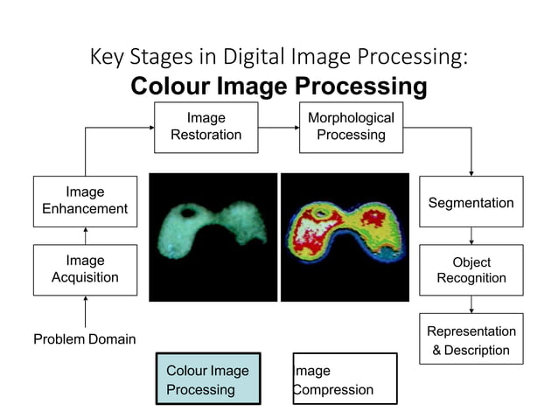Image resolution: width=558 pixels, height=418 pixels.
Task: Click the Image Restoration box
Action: [206, 127]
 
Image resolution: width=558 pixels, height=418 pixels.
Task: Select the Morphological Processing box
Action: [351, 127]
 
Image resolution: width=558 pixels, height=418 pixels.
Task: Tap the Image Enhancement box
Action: [85, 201]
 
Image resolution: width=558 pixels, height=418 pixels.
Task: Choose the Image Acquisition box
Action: [85, 269]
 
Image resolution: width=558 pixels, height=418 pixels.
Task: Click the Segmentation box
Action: [471, 203]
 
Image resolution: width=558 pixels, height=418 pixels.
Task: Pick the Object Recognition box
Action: [471, 270]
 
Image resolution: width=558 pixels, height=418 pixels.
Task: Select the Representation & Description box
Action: [471, 340]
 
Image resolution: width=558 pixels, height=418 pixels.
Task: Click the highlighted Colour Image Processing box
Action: [208, 380]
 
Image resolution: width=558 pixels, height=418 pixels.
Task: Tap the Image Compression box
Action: [345, 380]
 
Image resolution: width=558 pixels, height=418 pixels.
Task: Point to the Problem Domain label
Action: [84, 339]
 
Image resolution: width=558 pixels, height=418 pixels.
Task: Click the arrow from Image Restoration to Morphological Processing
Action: [277, 128]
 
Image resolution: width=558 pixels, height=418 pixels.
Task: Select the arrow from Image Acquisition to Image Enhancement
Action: [86, 236]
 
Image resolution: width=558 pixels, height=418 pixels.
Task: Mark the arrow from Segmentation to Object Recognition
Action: [471, 236]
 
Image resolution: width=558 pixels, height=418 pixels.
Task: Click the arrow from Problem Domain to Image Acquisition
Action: [86, 310]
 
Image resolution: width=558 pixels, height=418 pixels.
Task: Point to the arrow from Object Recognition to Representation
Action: [471, 304]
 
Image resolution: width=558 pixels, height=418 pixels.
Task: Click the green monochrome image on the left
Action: [213, 237]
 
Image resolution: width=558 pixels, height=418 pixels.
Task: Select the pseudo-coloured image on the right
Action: [345, 237]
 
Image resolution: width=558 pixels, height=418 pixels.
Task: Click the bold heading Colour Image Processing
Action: [278, 87]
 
